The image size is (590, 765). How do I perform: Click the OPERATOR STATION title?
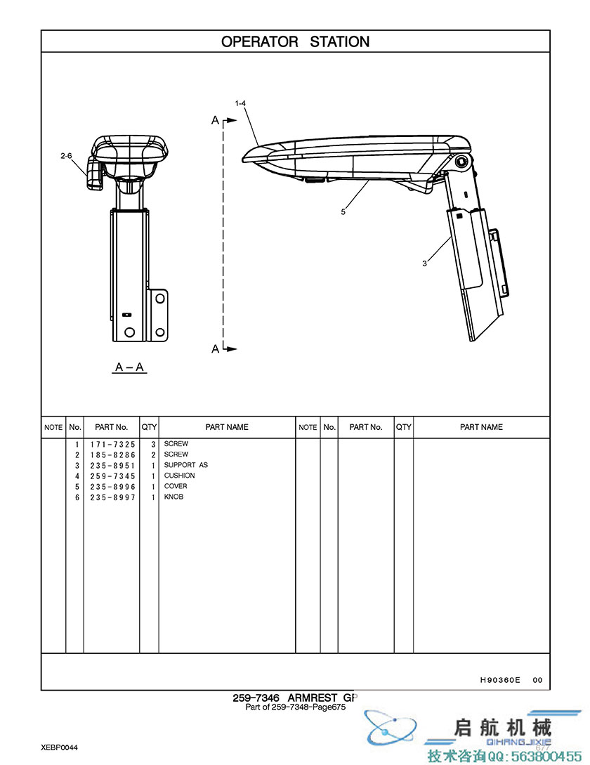point(295,42)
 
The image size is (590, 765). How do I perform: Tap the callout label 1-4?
point(240,103)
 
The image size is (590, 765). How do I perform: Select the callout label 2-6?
point(66,156)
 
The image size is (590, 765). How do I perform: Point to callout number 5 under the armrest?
point(343,211)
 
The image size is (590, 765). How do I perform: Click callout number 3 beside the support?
point(424,263)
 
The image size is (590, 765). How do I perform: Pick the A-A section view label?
point(129,367)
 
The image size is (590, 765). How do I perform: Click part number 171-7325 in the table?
point(112,445)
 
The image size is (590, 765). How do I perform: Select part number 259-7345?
point(112,476)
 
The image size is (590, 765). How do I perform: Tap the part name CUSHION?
point(179,475)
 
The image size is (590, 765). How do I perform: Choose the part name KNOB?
point(173,497)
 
